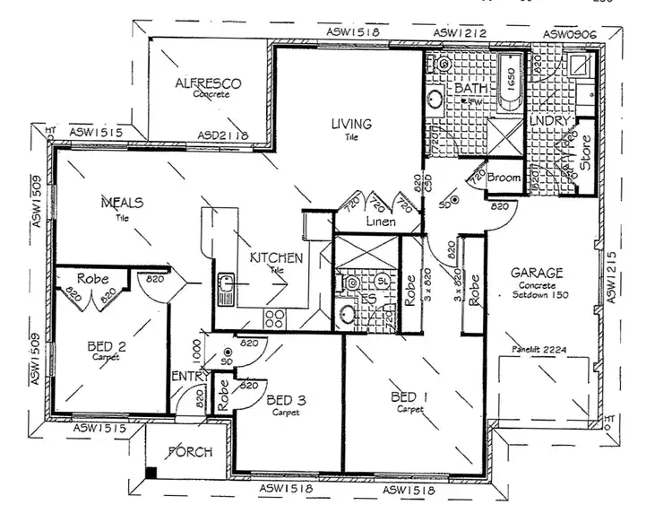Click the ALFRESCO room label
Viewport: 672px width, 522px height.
(x=209, y=83)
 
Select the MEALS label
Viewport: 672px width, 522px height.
(x=122, y=204)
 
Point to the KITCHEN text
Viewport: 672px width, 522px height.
(x=276, y=258)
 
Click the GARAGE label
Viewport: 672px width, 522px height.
(x=537, y=273)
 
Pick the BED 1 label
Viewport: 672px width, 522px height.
(x=409, y=396)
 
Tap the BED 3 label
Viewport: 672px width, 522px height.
(x=288, y=401)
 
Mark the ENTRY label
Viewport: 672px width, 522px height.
(x=189, y=376)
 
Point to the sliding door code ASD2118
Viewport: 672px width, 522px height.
(x=222, y=136)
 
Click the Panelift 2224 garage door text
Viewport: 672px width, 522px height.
(x=539, y=351)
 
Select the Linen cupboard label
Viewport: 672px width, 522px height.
(x=382, y=222)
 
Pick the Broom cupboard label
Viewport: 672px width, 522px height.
(x=504, y=178)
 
